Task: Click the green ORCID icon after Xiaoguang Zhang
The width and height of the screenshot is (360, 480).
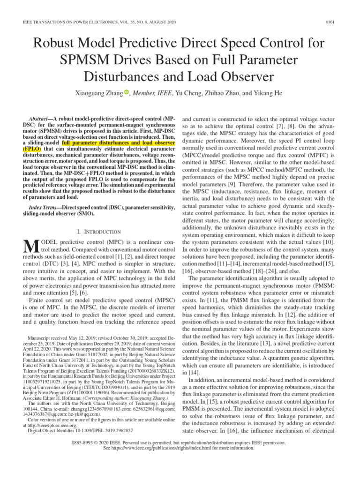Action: pos(126,93)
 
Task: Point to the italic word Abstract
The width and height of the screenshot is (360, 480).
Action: pos(39,120)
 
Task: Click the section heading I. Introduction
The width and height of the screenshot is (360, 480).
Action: pos(98,232)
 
